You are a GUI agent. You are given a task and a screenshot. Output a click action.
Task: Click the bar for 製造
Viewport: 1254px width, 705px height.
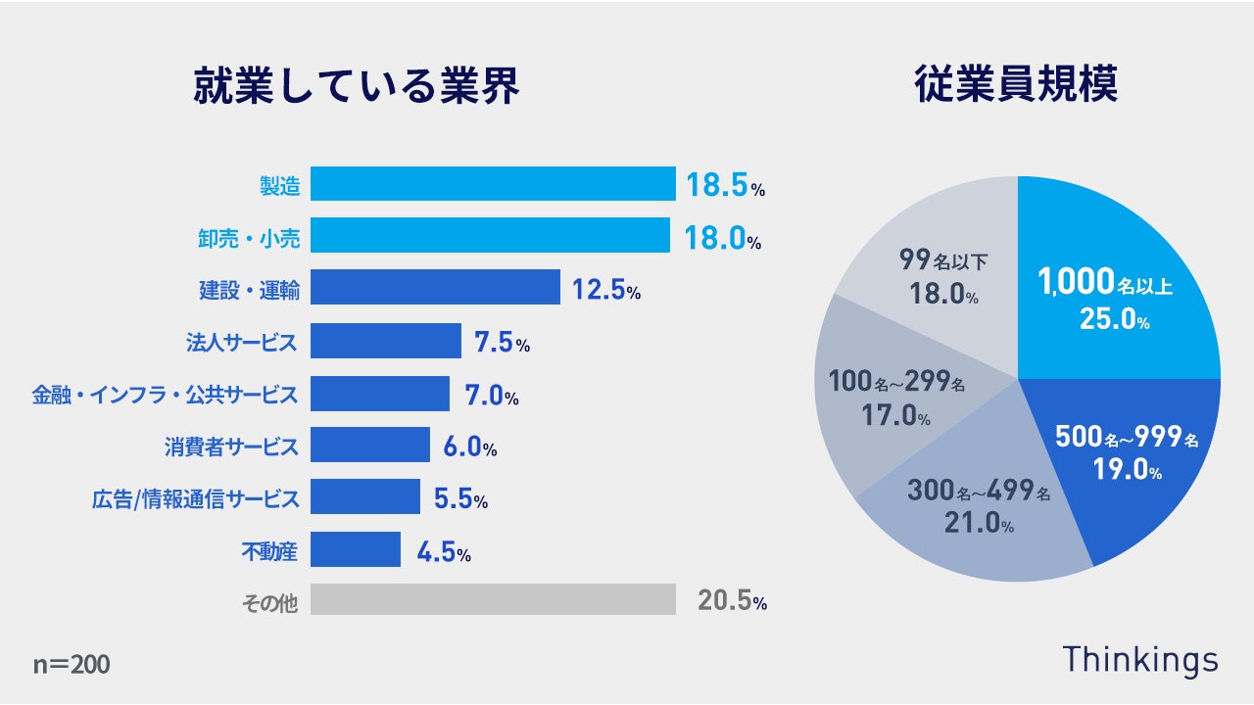[493, 184]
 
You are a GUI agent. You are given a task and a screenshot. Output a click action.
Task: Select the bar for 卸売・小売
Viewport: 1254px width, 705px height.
[490, 236]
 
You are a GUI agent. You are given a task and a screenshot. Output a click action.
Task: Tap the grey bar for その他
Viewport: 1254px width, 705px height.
[493, 600]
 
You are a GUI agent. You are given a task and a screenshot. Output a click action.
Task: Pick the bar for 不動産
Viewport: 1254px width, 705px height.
[356, 549]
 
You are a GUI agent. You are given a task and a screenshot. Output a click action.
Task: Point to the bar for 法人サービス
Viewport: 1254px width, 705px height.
[386, 341]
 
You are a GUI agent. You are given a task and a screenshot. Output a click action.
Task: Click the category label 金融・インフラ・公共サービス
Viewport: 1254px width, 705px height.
[165, 395]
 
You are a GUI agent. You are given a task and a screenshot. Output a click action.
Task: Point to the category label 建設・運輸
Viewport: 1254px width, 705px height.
[250, 290]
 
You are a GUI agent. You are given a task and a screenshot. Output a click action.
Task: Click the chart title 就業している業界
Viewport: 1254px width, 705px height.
[356, 86]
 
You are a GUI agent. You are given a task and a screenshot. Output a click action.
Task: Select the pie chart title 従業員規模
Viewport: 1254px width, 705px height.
[1016, 85]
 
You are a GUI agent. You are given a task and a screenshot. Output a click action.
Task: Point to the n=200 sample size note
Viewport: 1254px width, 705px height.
[72, 665]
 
